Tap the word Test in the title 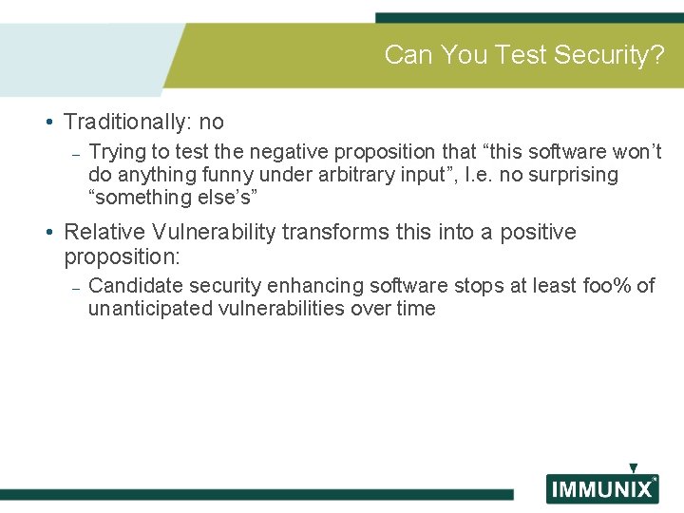point(522,55)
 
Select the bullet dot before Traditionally point(47,123)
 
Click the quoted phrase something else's point(172,198)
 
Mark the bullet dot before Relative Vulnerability point(47,233)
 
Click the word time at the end point(415,308)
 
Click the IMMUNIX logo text point(600,490)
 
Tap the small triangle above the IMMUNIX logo point(633,468)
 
